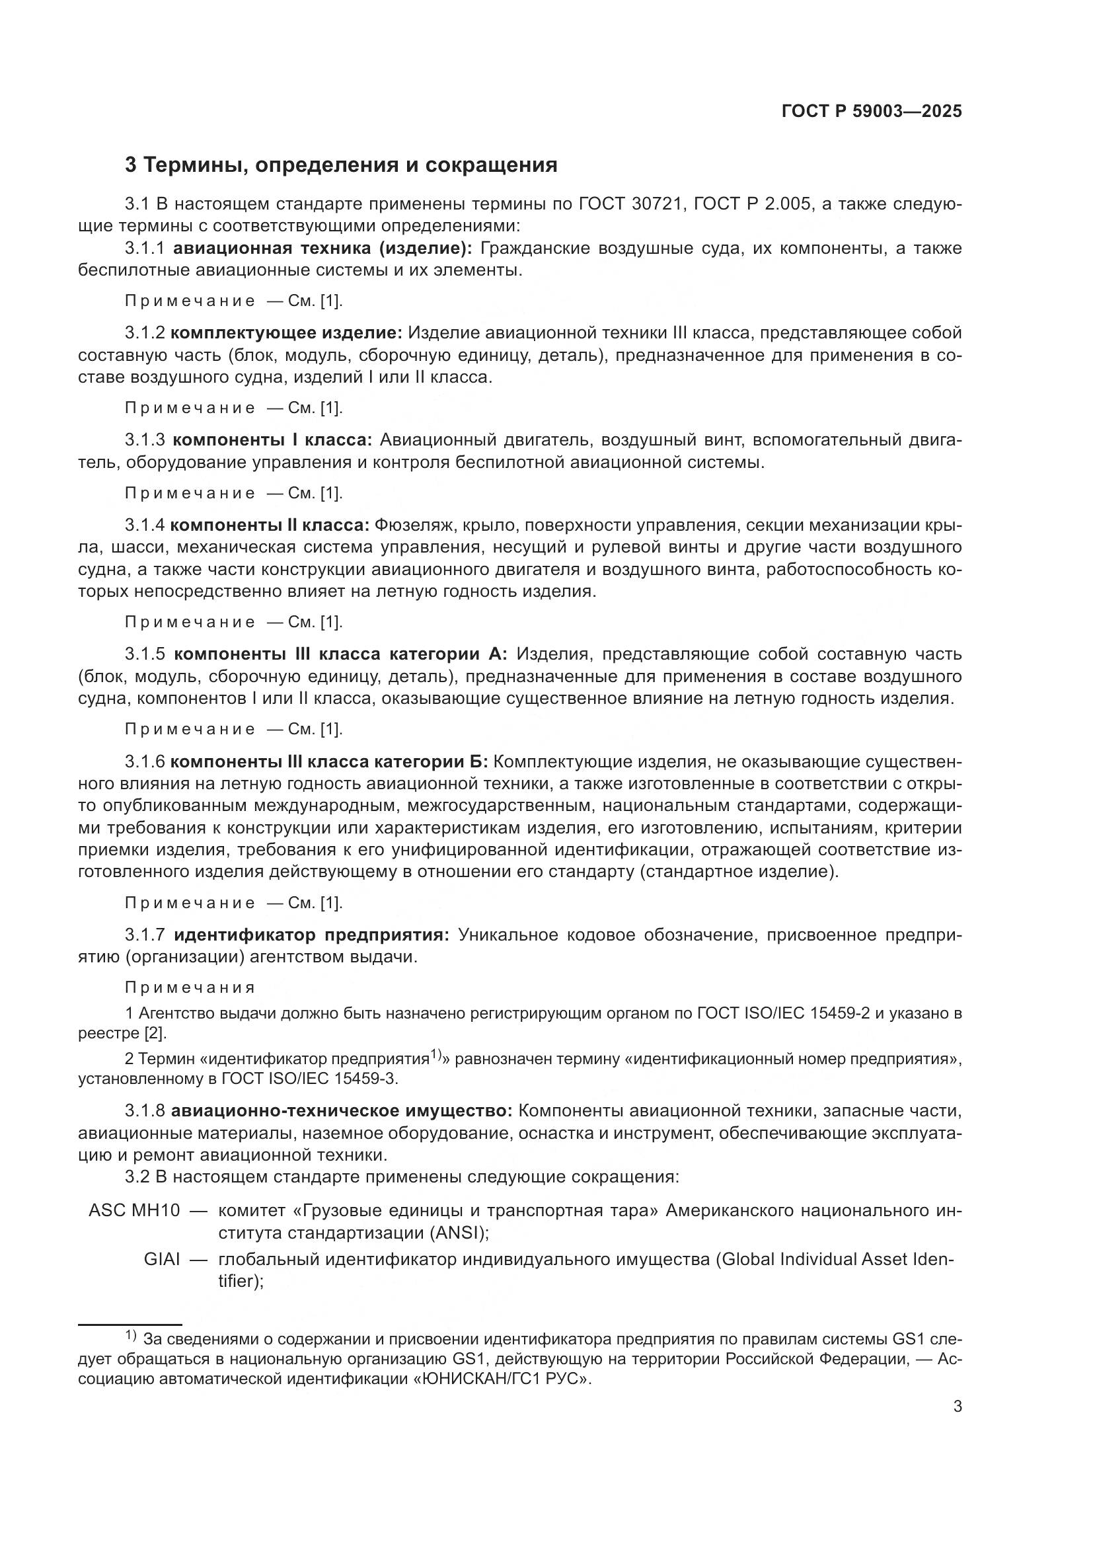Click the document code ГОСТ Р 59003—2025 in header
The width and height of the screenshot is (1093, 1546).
[872, 112]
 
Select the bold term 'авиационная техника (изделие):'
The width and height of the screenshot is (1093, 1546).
[323, 249]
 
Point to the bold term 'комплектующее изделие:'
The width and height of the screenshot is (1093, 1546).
[286, 333]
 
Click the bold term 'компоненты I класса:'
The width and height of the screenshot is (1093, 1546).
[272, 440]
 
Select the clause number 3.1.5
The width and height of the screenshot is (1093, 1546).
[145, 654]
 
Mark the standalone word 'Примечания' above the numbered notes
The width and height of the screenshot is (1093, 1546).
[190, 987]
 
